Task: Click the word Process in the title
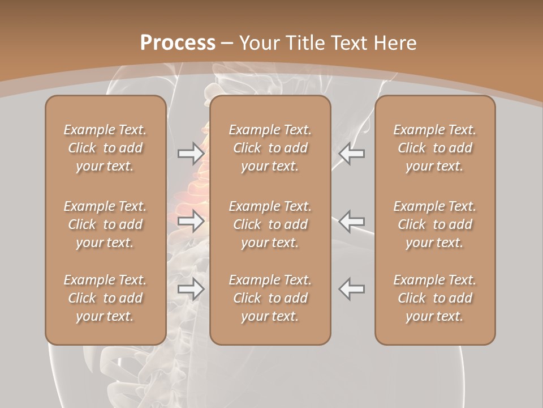point(178,43)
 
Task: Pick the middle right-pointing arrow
point(191,221)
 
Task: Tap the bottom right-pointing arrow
point(191,289)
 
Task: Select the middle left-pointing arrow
point(351,221)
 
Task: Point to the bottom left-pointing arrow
point(351,289)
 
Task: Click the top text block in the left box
point(105,148)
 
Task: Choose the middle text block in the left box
point(105,224)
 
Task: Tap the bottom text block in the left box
point(105,298)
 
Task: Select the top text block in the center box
point(270,148)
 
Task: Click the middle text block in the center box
point(270,224)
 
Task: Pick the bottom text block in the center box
point(270,298)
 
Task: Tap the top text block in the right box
point(434,148)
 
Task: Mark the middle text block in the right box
point(434,224)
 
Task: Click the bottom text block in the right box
point(434,298)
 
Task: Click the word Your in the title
point(258,43)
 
